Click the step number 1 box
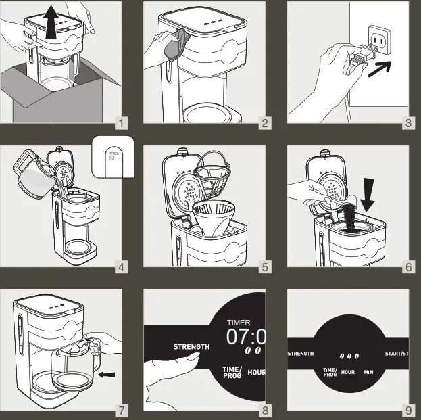121,123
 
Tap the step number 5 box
265,267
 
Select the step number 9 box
409,411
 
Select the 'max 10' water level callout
113,158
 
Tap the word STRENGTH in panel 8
191,347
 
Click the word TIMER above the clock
238,323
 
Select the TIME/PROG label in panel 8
232,372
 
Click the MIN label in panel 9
368,372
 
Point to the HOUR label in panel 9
347,372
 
